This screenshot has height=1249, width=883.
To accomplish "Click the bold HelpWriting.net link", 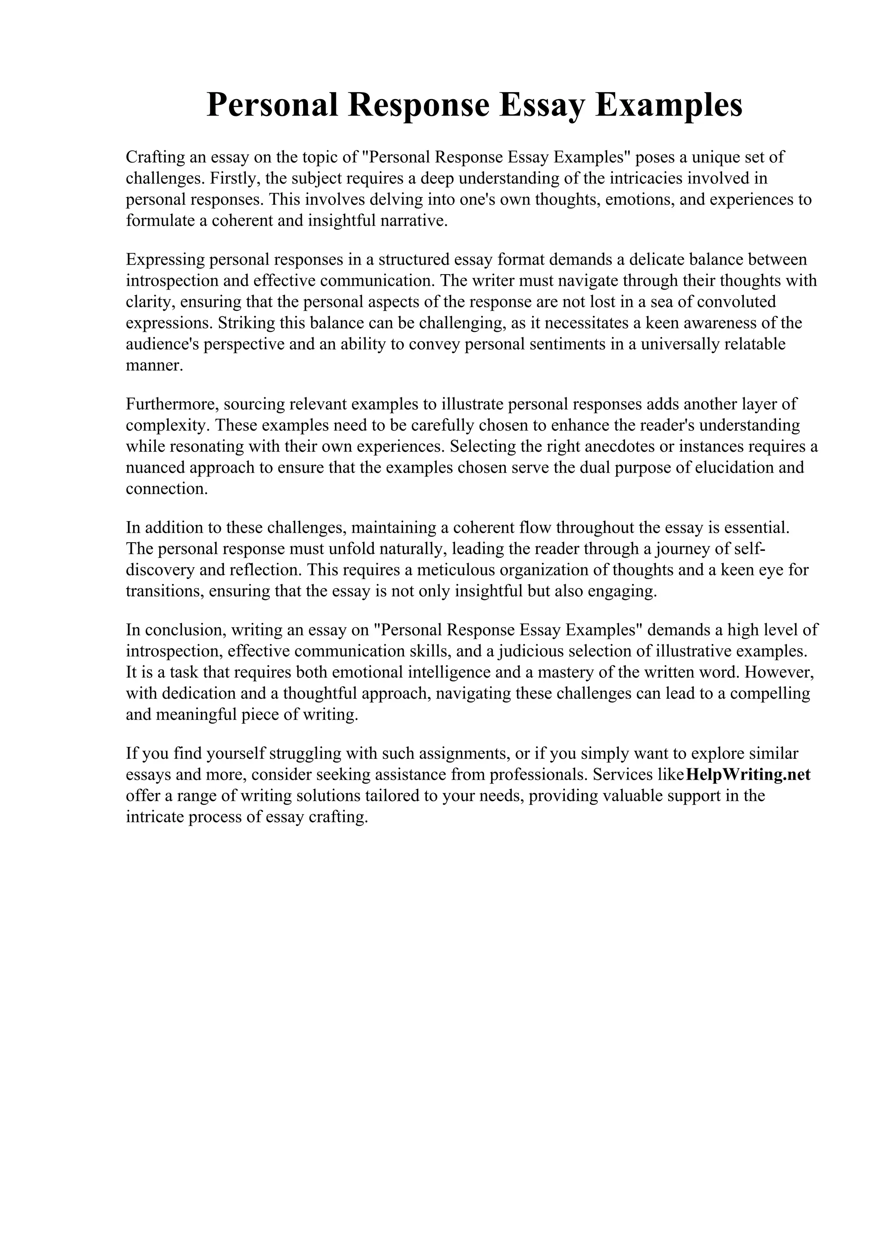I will coord(748,774).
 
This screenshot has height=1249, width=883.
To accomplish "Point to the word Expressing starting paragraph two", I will coord(165,259).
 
